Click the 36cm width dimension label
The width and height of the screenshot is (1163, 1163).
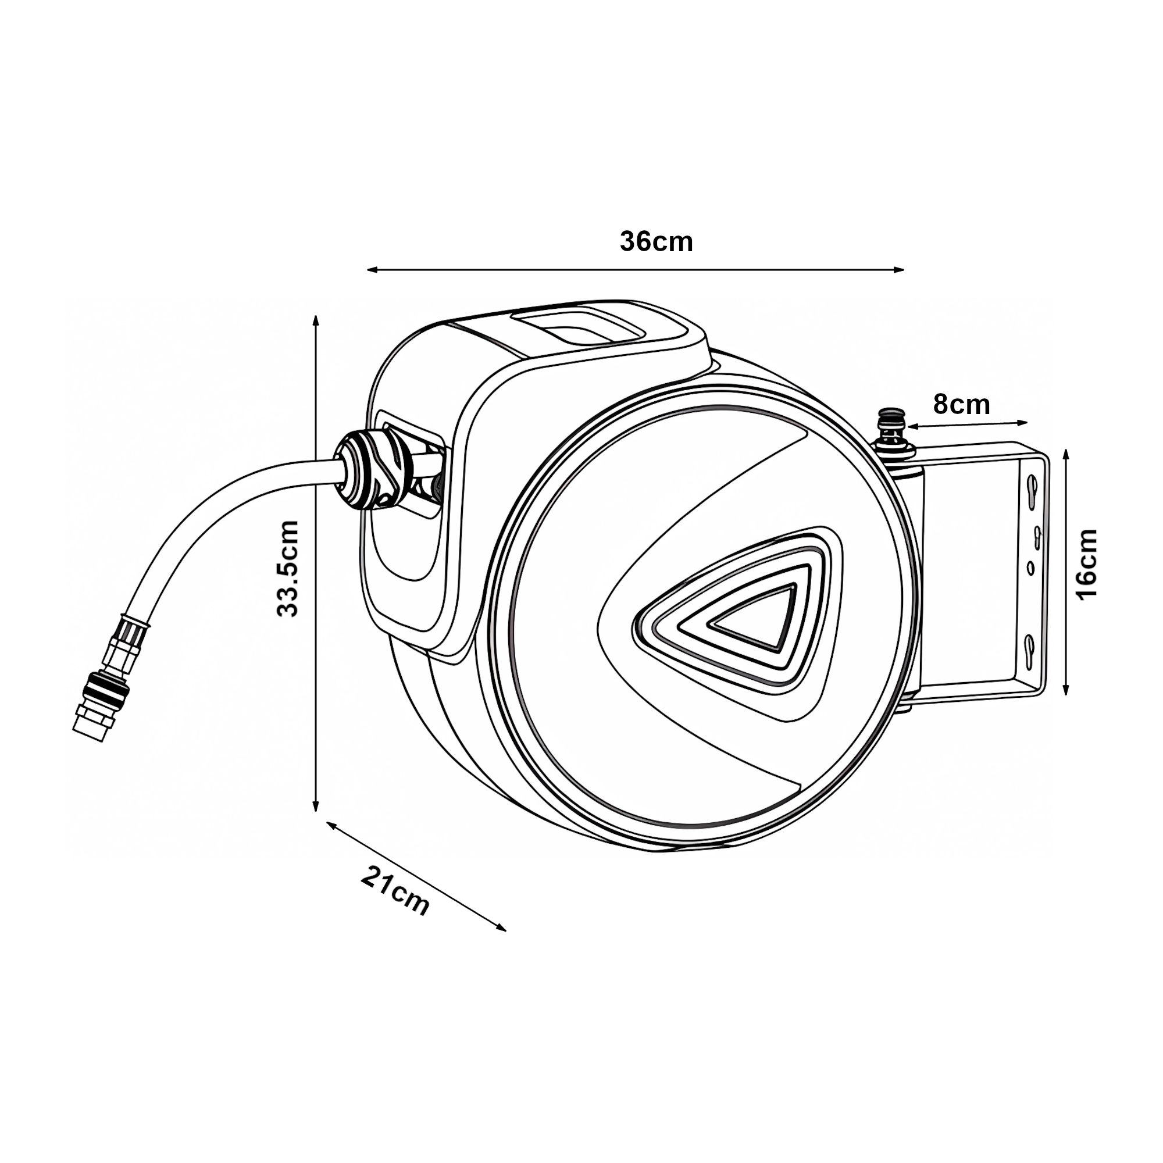pos(656,242)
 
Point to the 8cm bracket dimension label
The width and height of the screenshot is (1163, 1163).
pos(961,405)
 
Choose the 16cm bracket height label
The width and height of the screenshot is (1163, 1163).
pos(1087,563)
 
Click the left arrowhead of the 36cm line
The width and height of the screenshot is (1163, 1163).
pos(370,270)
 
